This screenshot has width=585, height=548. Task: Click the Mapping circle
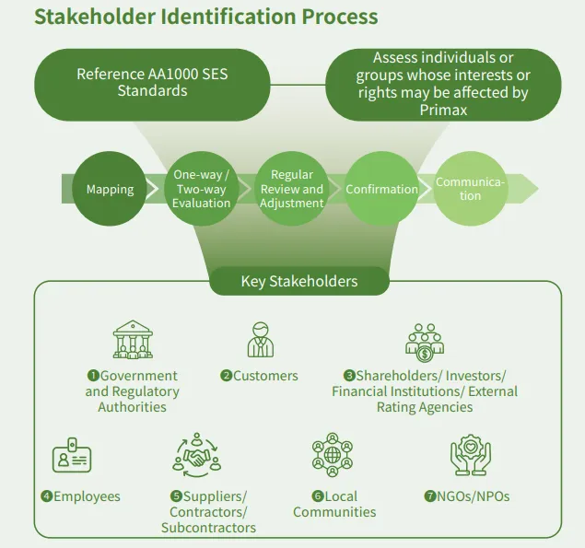[110, 189]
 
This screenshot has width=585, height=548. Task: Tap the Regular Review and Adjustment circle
[291, 189]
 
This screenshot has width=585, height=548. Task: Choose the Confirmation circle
[381, 189]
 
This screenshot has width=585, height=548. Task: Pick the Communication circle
[471, 189]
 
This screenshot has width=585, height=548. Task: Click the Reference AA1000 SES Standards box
[152, 83]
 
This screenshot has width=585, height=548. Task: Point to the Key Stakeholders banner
[299, 281]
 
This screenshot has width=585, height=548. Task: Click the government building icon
[132, 340]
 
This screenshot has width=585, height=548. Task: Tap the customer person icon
[261, 340]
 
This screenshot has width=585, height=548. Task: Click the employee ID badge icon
[72, 458]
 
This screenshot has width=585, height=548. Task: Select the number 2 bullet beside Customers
[226, 376]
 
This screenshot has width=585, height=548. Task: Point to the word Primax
[442, 110]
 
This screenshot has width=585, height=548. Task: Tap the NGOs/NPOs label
[473, 496]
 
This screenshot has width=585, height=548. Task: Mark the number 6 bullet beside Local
[317, 496]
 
